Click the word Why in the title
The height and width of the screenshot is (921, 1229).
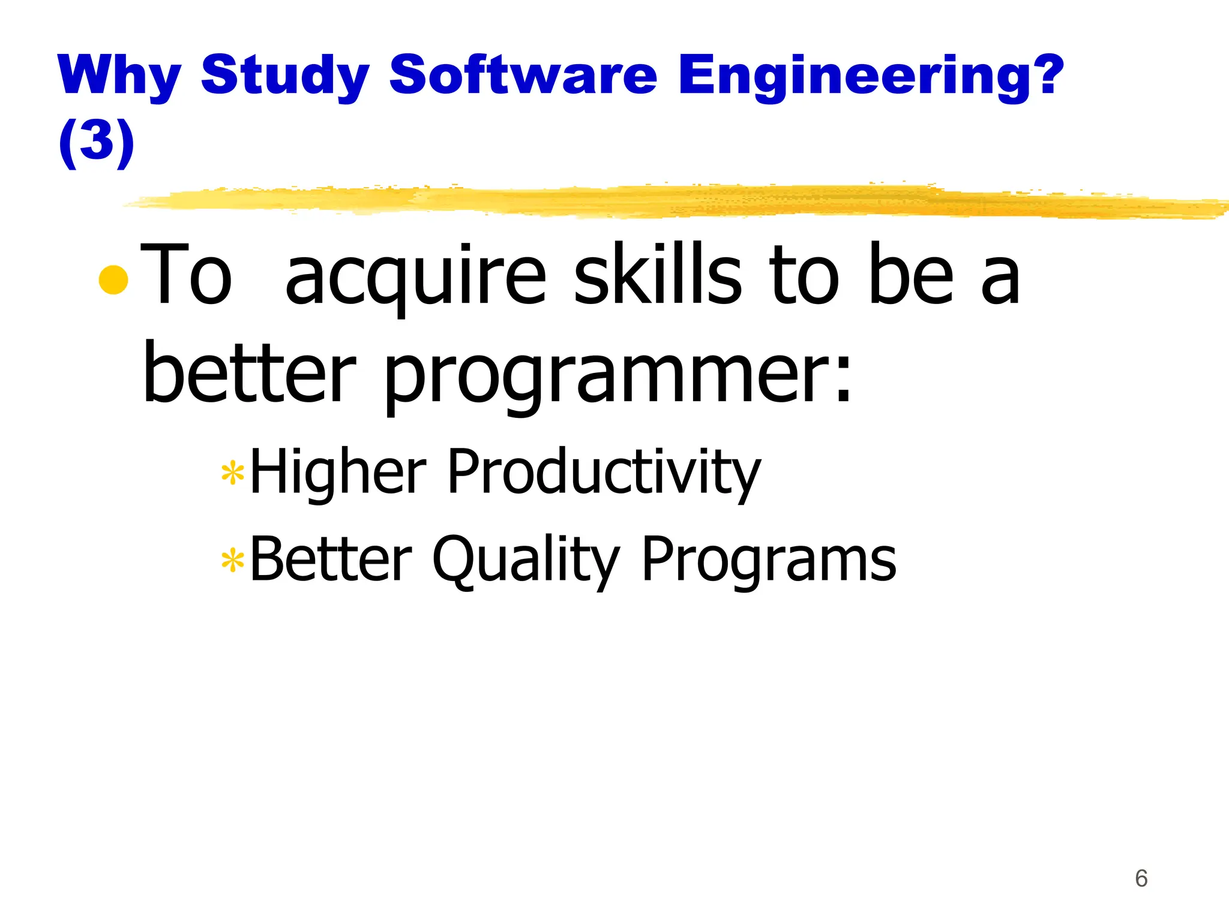pyautogui.click(x=119, y=76)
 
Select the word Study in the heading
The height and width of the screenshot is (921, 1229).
pyautogui.click(x=284, y=76)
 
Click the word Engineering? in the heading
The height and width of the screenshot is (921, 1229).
pyautogui.click(x=871, y=76)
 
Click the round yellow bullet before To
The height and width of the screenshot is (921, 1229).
pyautogui.click(x=113, y=279)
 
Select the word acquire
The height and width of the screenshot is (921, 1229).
pyautogui.click(x=415, y=277)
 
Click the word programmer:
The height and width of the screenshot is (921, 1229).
pyautogui.click(x=618, y=377)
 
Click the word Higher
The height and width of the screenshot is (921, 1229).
pyautogui.click(x=338, y=472)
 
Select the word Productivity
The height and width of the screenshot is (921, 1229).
pyautogui.click(x=604, y=472)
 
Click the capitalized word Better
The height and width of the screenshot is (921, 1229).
pyautogui.click(x=331, y=559)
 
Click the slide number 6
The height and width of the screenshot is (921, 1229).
pyautogui.click(x=1141, y=878)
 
